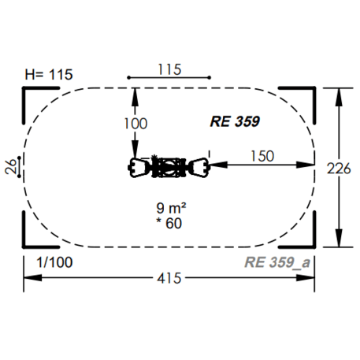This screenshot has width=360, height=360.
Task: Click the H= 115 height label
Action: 49,75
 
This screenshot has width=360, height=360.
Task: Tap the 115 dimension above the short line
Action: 169,69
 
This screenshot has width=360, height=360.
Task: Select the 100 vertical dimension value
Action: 135,124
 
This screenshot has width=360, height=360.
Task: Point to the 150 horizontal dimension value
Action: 262,156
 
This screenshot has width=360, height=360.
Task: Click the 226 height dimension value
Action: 339,169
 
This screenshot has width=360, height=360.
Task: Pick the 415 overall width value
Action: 169,278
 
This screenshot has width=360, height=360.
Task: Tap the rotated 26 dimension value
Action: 10,167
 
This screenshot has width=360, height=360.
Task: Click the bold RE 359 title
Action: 235,121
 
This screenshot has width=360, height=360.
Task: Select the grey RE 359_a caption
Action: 277,262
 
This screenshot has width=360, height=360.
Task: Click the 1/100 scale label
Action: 54,262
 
